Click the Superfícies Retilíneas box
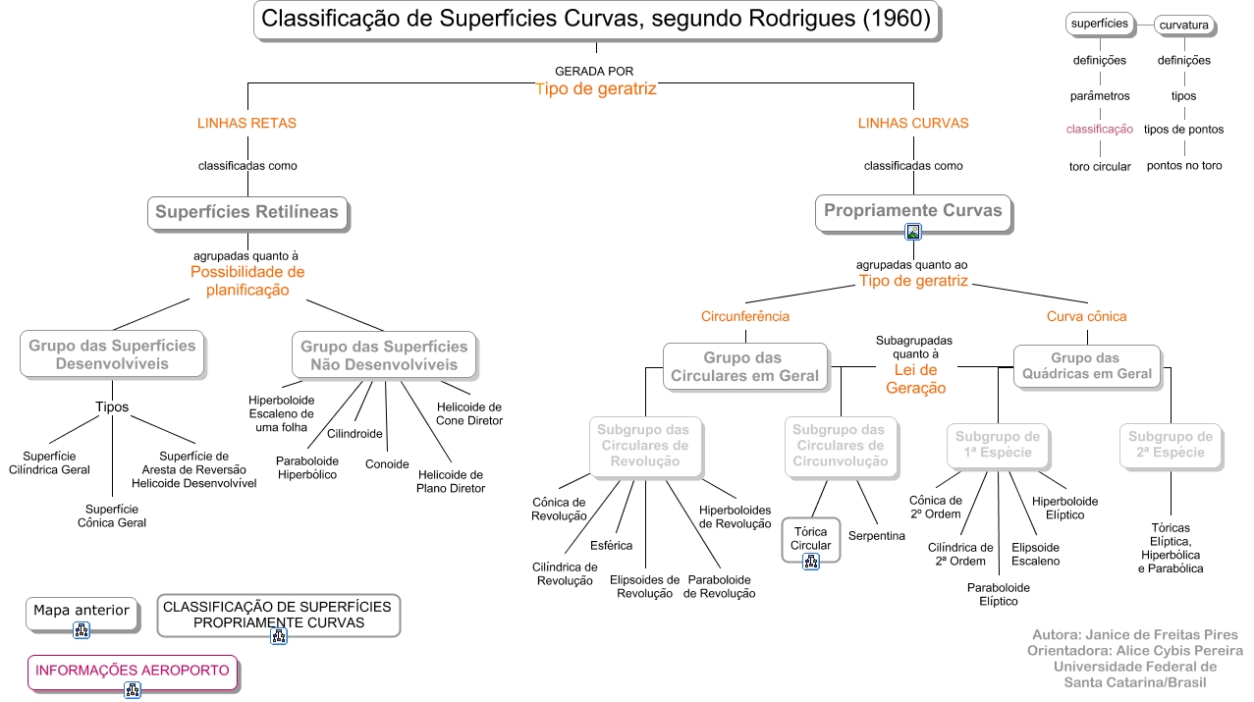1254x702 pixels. pos(246,212)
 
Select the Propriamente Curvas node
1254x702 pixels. pos(912,210)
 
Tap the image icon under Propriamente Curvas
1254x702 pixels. pos(913,233)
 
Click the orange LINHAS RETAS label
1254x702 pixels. pos(246,124)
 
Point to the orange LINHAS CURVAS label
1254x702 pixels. pos(913,124)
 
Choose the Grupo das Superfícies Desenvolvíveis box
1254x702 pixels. pos(112,354)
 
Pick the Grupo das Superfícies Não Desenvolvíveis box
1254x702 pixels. pos(384,355)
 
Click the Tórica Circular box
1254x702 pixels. pos(811,538)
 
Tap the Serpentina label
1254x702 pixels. pos(876,536)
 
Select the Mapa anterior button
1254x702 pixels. pos(82,611)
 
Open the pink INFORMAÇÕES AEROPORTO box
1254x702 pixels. pos(133,671)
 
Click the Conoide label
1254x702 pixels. pos(387,464)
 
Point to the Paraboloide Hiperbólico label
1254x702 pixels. pos(306,467)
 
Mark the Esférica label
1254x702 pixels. pos(611,545)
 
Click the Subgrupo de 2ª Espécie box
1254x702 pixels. pos(1170,445)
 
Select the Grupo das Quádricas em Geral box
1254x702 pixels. pos(1087,366)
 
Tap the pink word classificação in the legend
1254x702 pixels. pos(1100,130)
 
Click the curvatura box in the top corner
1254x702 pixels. pos(1183,25)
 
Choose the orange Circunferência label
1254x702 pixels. pos(745,317)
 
